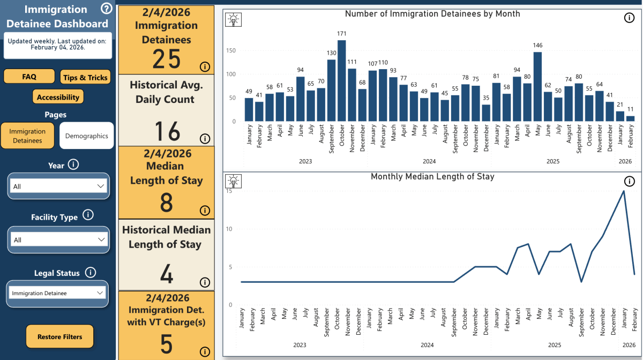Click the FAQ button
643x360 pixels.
pyautogui.click(x=29, y=77)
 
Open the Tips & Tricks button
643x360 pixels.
pyautogui.click(x=85, y=77)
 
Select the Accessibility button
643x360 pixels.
pyautogui.click(x=58, y=97)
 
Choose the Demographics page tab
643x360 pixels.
pyautogui.click(x=86, y=136)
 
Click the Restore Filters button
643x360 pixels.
pyautogui.click(x=59, y=337)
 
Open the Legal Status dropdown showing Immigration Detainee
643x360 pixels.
pyautogui.click(x=58, y=293)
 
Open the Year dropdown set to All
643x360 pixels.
pyautogui.click(x=58, y=186)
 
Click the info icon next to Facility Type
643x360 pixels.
pyautogui.click(x=88, y=216)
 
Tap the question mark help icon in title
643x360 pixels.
pyautogui.click(x=106, y=9)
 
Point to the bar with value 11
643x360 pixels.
pyautogui.click(x=630, y=118)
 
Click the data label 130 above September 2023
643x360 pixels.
pyautogui.click(x=331, y=53)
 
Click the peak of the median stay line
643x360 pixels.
pyautogui.click(x=624, y=191)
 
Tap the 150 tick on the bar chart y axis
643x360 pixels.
pyautogui.click(x=231, y=50)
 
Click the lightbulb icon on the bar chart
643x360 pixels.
pyautogui.click(x=234, y=19)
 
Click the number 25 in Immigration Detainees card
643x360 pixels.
pyautogui.click(x=167, y=58)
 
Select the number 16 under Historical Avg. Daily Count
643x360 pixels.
pyautogui.click(x=167, y=131)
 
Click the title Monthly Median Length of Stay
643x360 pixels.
pyautogui.click(x=432, y=176)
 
